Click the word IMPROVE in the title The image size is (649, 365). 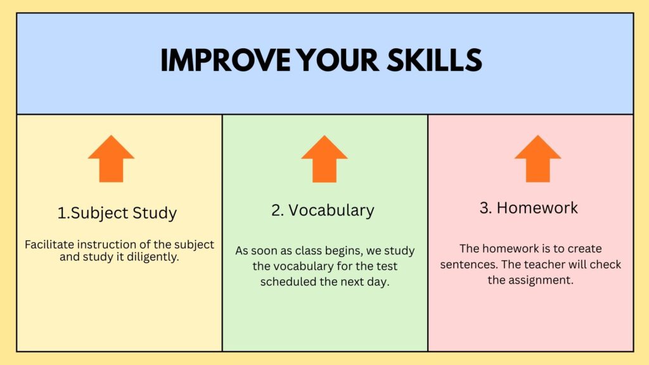click(226, 60)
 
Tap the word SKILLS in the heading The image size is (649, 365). click(435, 60)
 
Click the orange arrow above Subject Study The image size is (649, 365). click(111, 158)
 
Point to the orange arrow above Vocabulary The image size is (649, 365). click(324, 158)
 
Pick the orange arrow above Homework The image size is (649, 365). click(537, 158)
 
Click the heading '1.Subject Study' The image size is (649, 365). click(117, 213)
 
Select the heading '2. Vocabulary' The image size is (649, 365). click(323, 210)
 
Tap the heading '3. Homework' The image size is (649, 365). click(529, 208)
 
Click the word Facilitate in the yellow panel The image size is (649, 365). click(49, 245)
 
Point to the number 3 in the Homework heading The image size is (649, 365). click(484, 208)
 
